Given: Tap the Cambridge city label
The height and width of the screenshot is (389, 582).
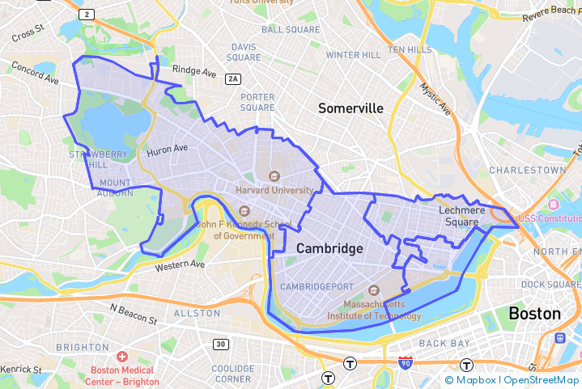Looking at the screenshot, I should [x=329, y=248].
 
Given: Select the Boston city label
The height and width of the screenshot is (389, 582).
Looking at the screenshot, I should [x=534, y=313].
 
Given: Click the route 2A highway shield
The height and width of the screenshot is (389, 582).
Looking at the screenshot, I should [x=234, y=78].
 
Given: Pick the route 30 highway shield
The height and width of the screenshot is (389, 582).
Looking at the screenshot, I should [x=220, y=345].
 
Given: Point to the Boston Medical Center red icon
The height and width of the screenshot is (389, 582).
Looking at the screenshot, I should [x=122, y=357].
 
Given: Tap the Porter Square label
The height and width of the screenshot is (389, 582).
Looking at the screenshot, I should [x=257, y=102].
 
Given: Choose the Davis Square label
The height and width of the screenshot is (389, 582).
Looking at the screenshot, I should [x=244, y=53].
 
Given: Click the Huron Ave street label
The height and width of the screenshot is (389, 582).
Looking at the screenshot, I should [x=167, y=149].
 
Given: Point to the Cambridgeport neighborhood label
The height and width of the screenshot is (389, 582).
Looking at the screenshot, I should [x=317, y=287].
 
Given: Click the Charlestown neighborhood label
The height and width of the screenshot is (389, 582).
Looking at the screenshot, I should [x=527, y=171].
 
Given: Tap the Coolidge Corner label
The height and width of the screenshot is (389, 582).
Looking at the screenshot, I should [x=232, y=374].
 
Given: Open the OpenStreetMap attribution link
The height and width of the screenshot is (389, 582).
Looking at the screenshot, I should [x=542, y=379].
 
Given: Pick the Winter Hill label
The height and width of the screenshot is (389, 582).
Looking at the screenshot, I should [x=353, y=55].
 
